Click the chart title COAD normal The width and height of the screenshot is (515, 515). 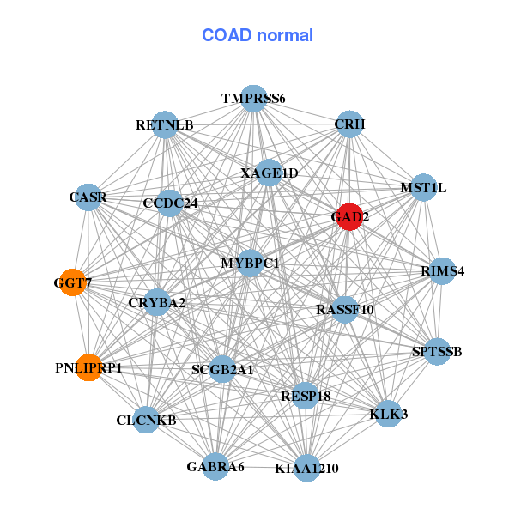point(257,35)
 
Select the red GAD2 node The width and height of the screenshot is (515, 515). point(348,216)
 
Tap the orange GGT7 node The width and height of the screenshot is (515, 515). point(74,282)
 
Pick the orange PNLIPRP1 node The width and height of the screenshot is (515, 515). point(88,367)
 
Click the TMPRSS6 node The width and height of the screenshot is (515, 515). point(252,98)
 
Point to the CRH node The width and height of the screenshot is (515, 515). point(348,124)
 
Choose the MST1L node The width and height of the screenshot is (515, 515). point(423,187)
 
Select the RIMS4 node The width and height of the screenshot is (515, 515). point(442,271)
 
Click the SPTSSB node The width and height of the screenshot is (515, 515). point(437,351)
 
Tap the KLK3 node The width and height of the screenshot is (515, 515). point(388,414)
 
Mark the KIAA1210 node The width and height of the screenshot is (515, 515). point(306,468)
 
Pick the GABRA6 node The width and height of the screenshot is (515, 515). point(215,466)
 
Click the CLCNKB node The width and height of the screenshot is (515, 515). point(146,420)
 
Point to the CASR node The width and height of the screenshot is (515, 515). point(88,197)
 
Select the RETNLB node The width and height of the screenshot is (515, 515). point(164,125)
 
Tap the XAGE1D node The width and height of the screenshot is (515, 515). point(269,173)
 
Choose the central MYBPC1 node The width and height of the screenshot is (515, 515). point(250,263)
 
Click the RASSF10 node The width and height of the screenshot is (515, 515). point(345,309)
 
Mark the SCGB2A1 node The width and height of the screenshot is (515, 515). point(222,369)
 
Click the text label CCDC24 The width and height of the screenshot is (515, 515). point(170,203)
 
